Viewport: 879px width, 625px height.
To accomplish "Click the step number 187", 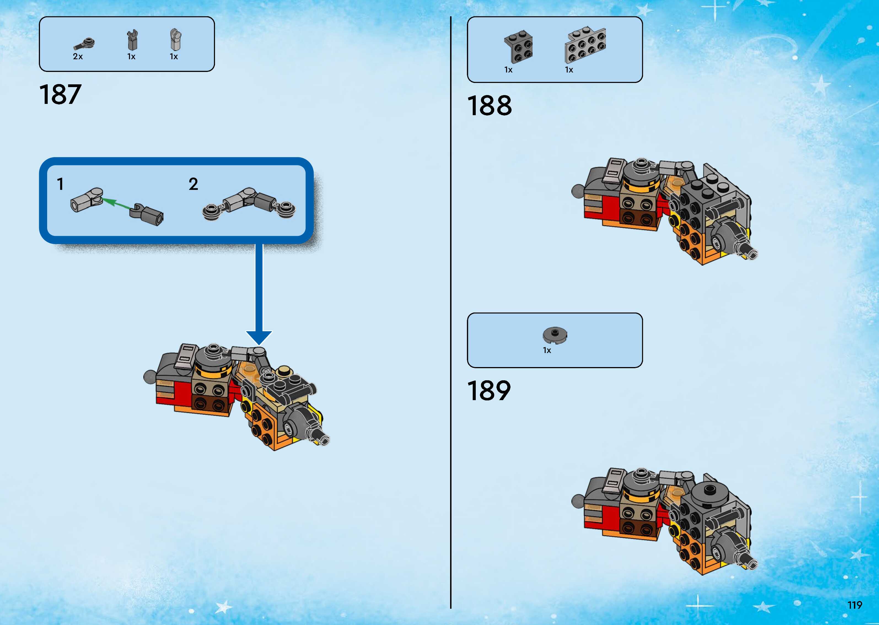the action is click(60, 95).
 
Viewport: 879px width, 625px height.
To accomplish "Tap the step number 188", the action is click(489, 106).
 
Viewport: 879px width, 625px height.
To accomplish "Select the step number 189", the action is click(489, 391).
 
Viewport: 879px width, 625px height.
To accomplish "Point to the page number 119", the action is click(855, 605).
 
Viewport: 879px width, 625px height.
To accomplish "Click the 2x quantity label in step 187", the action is click(78, 56).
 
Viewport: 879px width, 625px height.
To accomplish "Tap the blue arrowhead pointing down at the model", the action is click(259, 337).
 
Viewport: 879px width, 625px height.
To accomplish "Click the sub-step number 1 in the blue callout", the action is click(60, 184).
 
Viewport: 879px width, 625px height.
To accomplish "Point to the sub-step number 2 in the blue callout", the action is click(193, 184).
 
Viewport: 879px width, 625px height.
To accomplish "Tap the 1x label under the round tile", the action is click(547, 350).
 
